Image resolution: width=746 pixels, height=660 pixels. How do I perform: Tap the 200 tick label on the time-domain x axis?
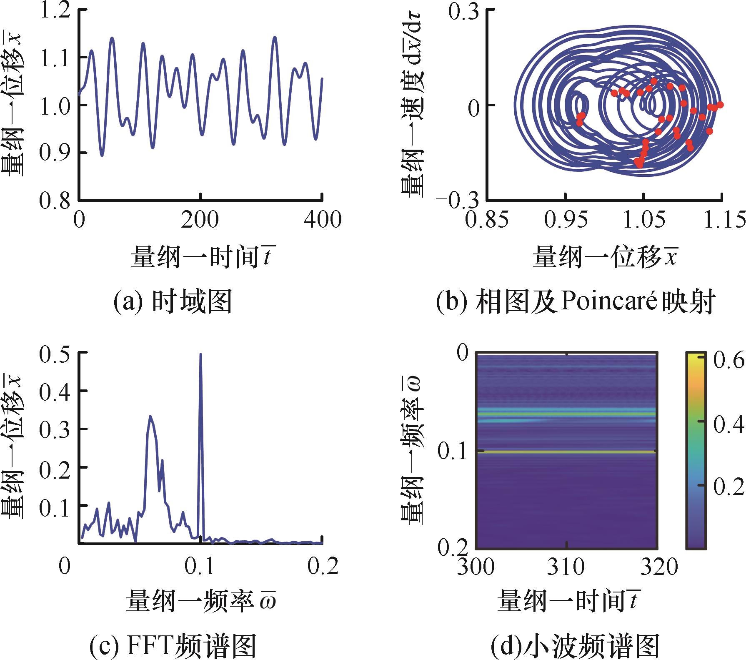tap(200, 220)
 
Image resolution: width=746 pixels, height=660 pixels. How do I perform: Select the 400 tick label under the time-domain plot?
tap(322, 220)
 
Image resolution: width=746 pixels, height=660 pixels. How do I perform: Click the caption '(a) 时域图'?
tap(173, 302)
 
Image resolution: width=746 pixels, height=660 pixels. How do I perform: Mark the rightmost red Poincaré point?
tap(720, 105)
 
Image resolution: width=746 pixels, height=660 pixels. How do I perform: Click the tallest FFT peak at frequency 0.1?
tap(200, 355)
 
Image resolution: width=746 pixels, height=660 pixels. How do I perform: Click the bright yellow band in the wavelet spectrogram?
tap(566, 452)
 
